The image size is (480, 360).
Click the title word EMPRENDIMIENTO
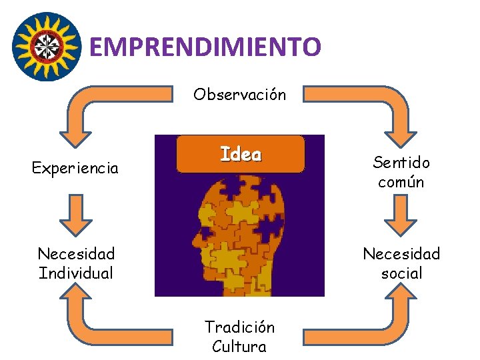click(x=205, y=47)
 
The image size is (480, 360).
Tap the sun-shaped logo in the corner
click(x=47, y=46)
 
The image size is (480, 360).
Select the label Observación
click(x=239, y=94)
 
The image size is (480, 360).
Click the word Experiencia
click(x=75, y=168)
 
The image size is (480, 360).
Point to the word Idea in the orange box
click(x=241, y=155)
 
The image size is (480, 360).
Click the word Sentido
click(x=401, y=162)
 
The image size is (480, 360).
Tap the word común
click(x=401, y=182)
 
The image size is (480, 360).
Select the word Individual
click(x=76, y=273)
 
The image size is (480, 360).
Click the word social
click(x=401, y=273)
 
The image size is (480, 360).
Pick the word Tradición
click(x=239, y=327)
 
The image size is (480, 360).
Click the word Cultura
click(x=239, y=347)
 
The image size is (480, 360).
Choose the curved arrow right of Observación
click(x=373, y=110)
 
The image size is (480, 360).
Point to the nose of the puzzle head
click(x=193, y=237)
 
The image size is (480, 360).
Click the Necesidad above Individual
click(x=76, y=254)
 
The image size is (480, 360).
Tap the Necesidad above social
click(x=401, y=254)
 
